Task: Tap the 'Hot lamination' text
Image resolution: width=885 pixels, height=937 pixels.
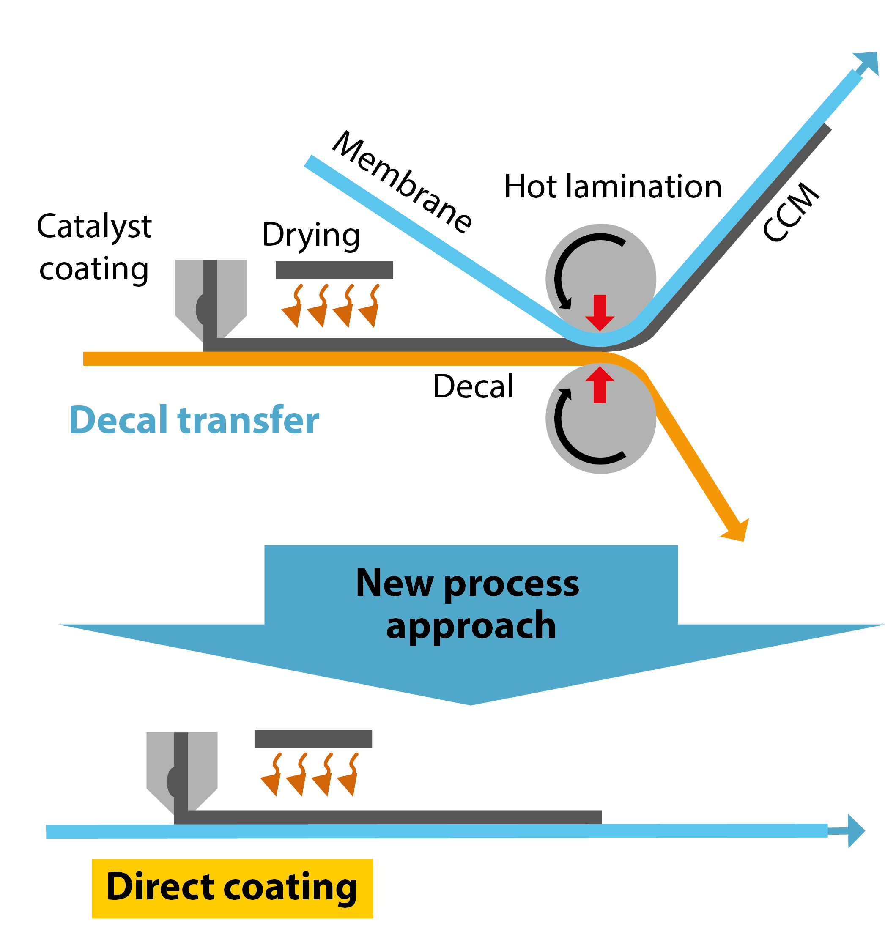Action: tap(613, 186)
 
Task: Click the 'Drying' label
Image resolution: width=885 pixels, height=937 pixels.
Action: tap(311, 235)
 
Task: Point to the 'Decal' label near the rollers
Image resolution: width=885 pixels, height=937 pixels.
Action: tap(473, 386)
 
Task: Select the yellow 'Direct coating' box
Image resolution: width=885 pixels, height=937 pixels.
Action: tap(232, 888)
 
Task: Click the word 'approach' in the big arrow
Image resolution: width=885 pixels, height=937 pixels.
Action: tap(471, 626)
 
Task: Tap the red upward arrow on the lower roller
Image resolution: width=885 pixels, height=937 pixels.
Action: tap(600, 384)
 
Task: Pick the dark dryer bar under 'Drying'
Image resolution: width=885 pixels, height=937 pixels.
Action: tap(334, 270)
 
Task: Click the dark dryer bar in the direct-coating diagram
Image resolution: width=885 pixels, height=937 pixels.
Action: tap(313, 739)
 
